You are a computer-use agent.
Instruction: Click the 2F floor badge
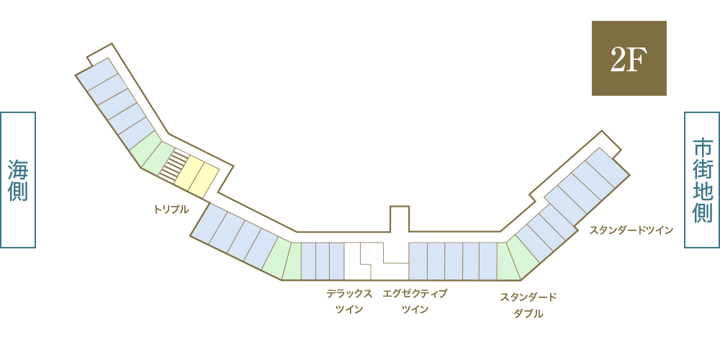pos(629,58)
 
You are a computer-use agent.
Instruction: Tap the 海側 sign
pos(18,180)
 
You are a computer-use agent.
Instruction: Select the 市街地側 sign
pos(702,180)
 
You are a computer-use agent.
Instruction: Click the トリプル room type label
pos(171,210)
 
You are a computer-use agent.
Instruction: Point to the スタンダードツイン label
pos(631,230)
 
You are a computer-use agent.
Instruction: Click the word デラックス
pos(349,294)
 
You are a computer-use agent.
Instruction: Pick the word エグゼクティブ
pos(415,294)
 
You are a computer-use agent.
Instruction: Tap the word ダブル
pos(528,314)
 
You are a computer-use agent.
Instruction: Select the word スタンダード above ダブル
pos(528,297)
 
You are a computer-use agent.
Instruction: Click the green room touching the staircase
pos(158,159)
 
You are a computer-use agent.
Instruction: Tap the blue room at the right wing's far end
pos(608,168)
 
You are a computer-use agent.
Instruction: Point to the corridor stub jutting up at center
pos(400,219)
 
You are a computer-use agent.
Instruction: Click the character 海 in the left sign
pos(18,171)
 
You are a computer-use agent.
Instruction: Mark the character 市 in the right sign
pos(702,149)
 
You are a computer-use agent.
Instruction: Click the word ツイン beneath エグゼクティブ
pos(415,310)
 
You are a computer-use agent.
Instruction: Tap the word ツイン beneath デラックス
pos(349,310)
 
